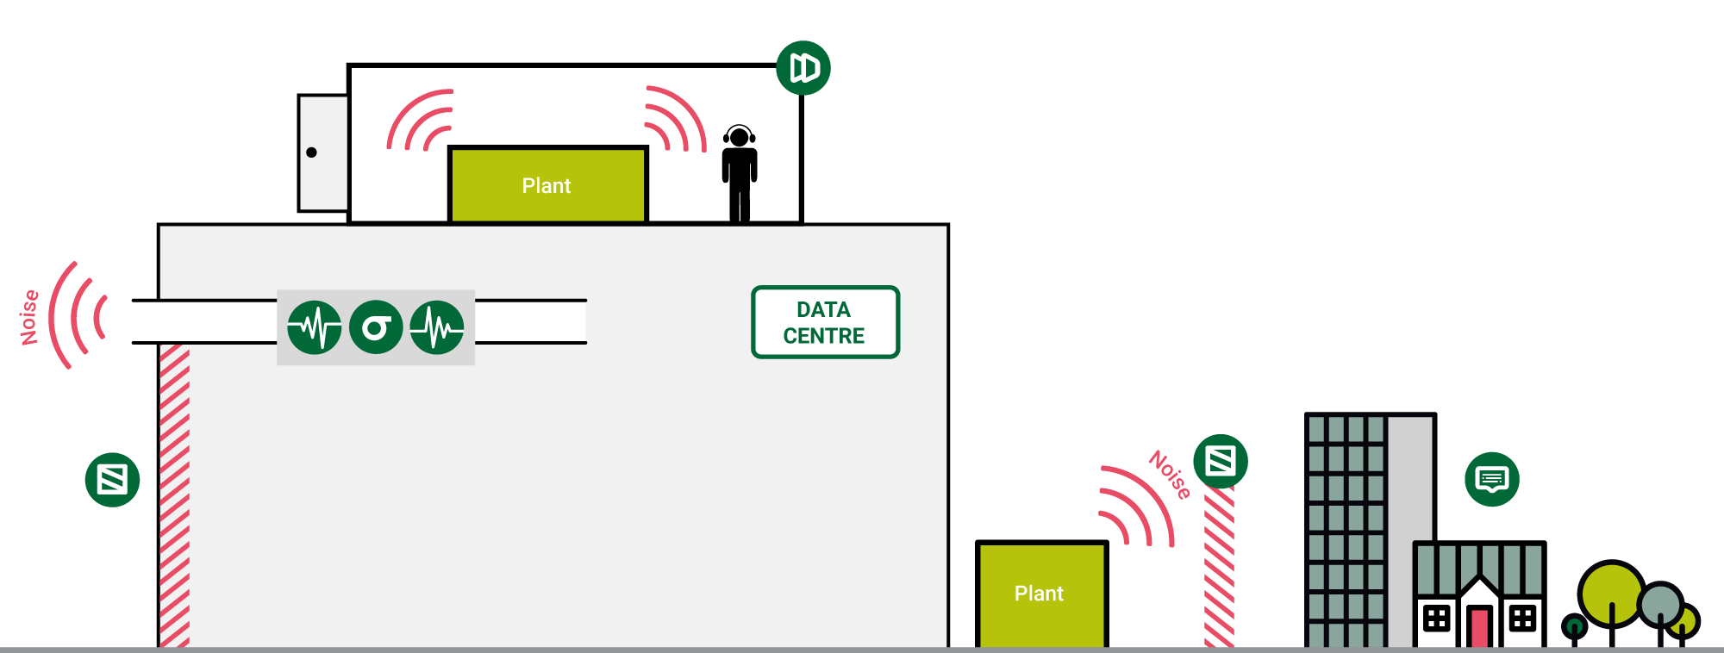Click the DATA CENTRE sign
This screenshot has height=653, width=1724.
point(825,322)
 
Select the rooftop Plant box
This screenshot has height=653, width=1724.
point(547,184)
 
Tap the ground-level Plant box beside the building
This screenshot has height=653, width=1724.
point(1040,594)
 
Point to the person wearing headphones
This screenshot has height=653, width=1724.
point(739,172)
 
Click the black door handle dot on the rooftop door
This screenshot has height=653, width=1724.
point(311,152)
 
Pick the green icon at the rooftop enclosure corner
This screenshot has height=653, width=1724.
point(803,67)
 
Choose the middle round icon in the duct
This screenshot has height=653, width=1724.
point(376,327)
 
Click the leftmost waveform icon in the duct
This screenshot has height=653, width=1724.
point(315,327)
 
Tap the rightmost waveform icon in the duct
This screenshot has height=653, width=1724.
point(437,327)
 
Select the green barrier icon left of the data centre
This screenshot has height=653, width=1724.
point(113,480)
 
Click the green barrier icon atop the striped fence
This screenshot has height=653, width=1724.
point(1221,462)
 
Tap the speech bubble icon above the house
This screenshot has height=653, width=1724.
point(1492,479)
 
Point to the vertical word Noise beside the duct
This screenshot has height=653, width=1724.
point(30,317)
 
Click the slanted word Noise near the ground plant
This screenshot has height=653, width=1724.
point(1170,475)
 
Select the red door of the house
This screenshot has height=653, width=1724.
point(1480,626)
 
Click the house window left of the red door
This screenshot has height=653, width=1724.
point(1436,619)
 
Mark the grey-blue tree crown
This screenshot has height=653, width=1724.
point(1661,604)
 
